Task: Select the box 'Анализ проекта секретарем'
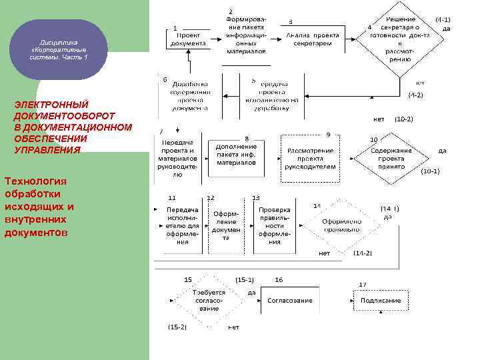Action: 309,38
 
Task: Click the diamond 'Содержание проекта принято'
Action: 391,159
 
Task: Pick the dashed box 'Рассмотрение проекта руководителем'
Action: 311,159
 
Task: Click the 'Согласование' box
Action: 290,301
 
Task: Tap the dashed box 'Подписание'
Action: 381,301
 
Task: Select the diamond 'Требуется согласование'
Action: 209,301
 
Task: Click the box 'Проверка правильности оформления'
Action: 275,225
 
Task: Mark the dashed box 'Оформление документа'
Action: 226,225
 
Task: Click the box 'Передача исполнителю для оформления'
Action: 182,225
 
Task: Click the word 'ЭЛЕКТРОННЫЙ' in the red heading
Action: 51,105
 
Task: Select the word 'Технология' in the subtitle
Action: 36,181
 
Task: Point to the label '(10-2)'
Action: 403,119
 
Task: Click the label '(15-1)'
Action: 245,279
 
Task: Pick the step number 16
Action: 279,279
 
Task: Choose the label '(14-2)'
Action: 363,253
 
